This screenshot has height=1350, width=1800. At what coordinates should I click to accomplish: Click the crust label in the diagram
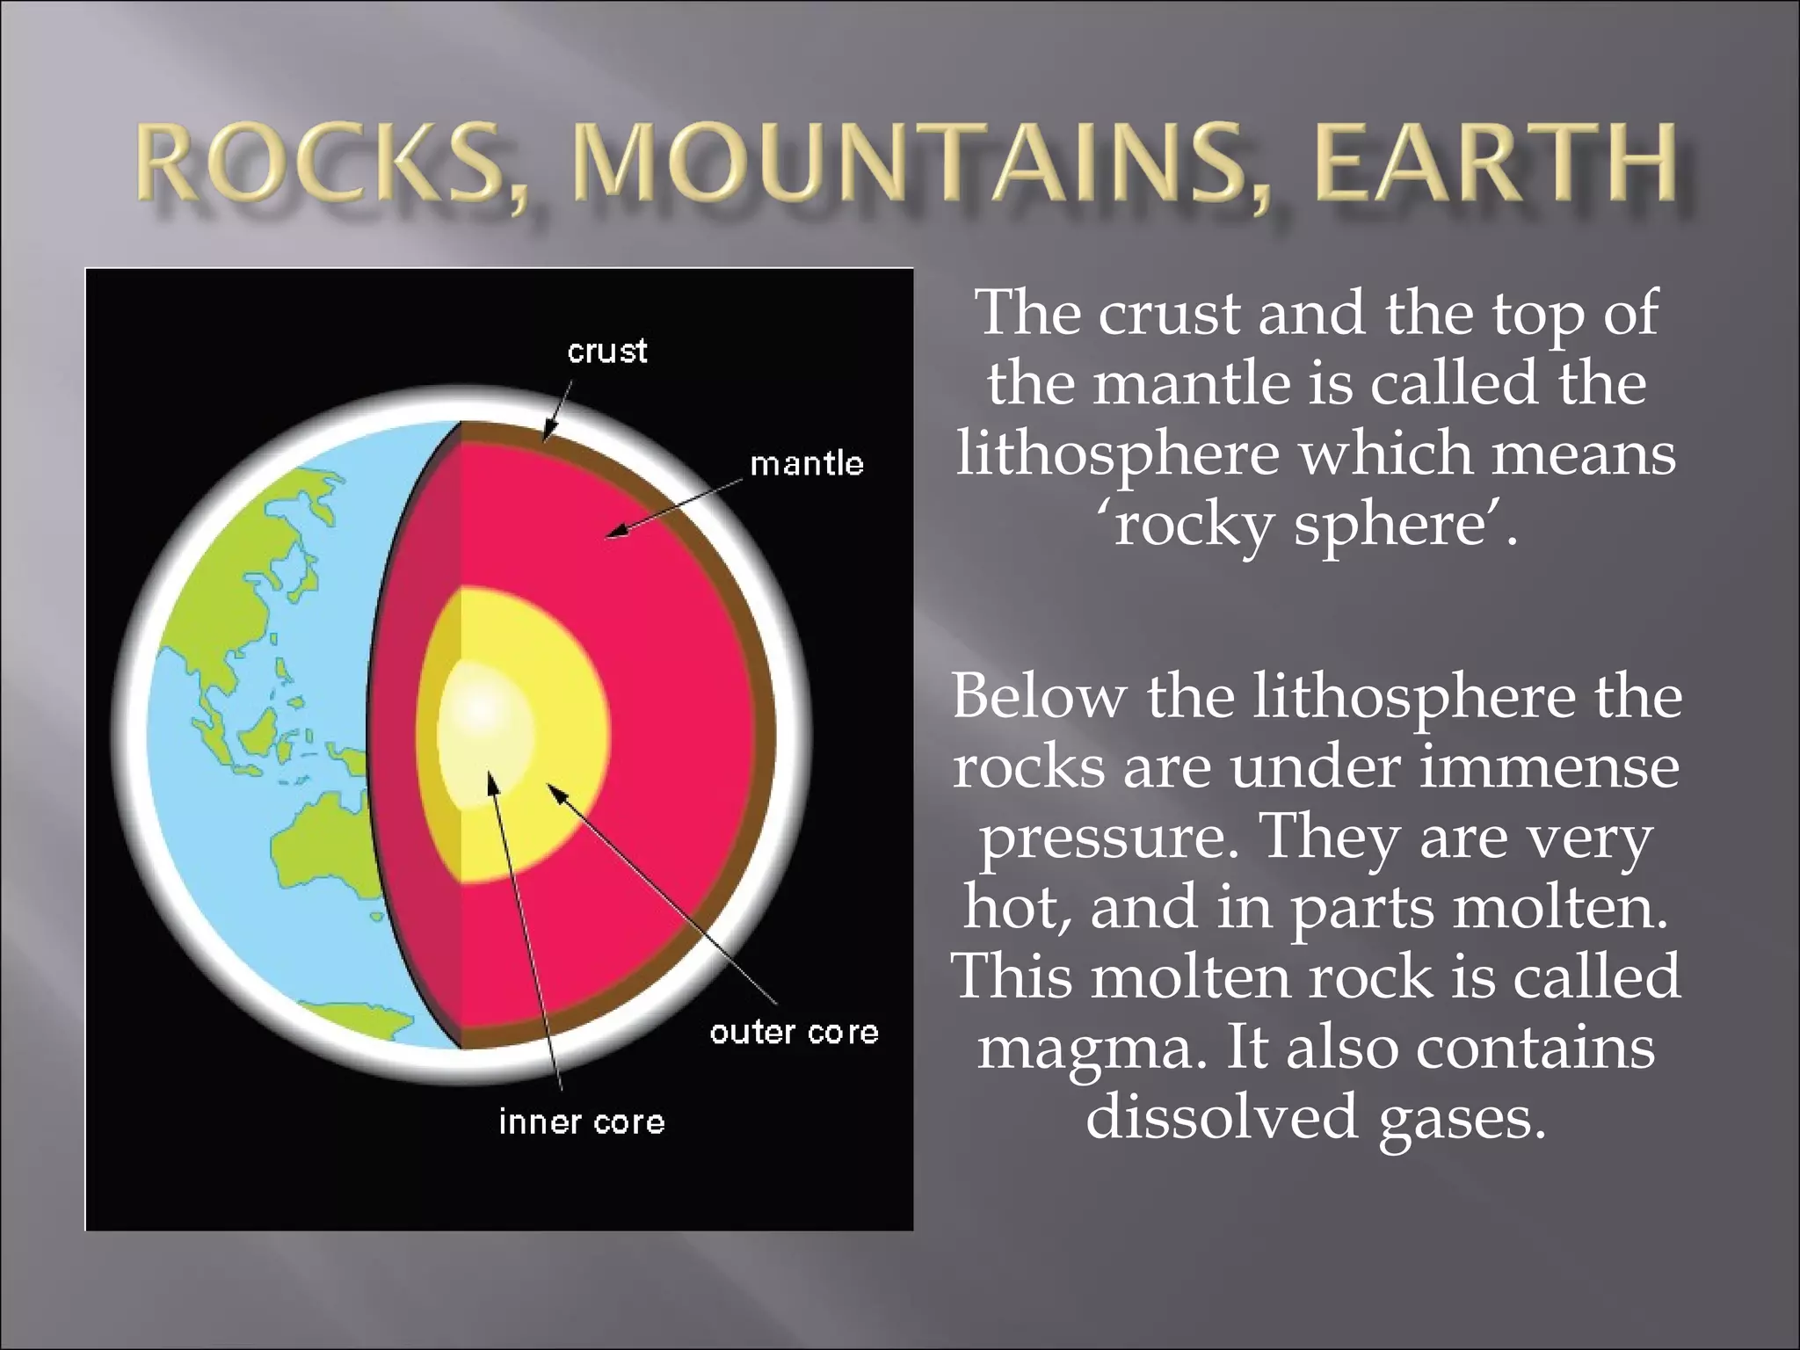pos(607,352)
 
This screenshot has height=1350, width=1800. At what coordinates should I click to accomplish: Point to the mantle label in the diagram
pos(807,463)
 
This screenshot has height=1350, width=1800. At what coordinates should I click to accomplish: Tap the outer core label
pos(794,1032)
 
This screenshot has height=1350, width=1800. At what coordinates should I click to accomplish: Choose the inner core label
pos(582,1122)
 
